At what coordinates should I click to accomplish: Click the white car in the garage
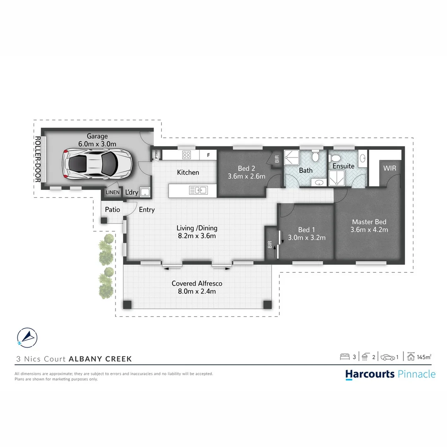[x=97, y=164]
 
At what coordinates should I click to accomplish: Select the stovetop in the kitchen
[x=187, y=155]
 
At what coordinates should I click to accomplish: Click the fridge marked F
[x=208, y=155]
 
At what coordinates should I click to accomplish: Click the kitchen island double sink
[x=198, y=190]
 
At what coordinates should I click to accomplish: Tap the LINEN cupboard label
[x=113, y=192]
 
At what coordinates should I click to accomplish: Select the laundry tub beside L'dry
[x=144, y=192]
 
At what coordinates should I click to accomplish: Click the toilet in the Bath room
[x=315, y=157]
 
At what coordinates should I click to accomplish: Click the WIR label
[x=389, y=168]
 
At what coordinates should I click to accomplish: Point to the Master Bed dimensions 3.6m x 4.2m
[x=369, y=230]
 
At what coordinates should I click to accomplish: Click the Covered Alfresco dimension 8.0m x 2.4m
[x=197, y=291]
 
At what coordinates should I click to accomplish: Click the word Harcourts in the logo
[x=370, y=374]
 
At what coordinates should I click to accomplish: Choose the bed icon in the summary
[x=345, y=356]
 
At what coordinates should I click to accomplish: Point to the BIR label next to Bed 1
[x=270, y=245]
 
